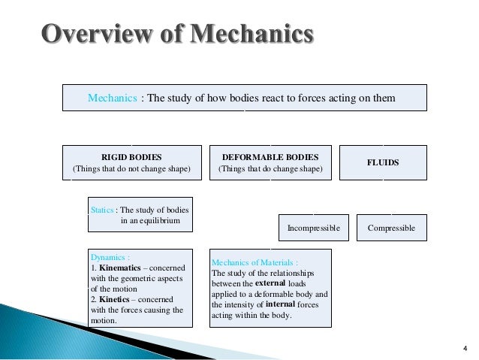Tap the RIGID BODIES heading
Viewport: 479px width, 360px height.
point(131,157)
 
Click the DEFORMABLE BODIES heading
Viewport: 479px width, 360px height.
point(270,157)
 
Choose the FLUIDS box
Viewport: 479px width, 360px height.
point(383,162)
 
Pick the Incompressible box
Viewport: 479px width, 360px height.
point(314,227)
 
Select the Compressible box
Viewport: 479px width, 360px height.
point(391,227)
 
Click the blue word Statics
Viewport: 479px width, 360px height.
point(103,210)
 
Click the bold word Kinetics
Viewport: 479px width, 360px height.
point(119,298)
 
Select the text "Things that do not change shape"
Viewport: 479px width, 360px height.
point(131,170)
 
